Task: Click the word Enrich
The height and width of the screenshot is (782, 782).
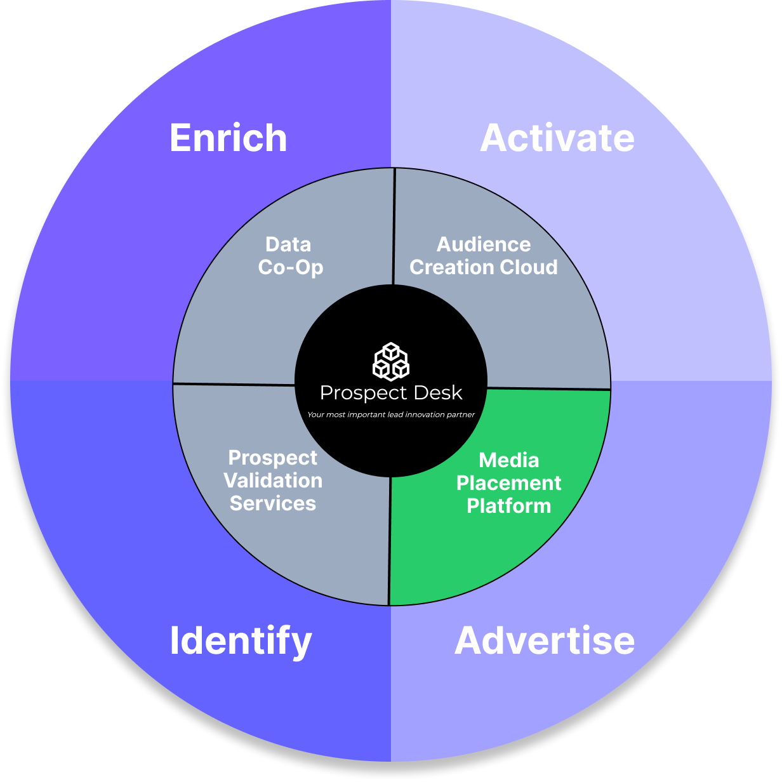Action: pos(228,138)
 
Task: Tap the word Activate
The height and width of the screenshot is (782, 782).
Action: pos(557,138)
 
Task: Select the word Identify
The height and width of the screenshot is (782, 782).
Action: pos(241,640)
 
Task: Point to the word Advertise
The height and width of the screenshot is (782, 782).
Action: pos(545,640)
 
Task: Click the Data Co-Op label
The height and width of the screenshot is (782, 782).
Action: pos(290,256)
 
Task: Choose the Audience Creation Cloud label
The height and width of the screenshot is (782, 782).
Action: pos(484,256)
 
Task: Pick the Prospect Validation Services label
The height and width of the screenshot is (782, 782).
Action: pos(273,480)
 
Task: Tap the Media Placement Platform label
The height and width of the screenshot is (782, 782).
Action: pos(508,483)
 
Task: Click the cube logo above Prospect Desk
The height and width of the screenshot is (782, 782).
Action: pos(390,361)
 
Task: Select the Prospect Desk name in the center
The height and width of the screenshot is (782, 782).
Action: pos(391,393)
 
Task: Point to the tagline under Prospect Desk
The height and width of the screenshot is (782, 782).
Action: pos(391,414)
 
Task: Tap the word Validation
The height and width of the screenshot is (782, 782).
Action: pos(273,480)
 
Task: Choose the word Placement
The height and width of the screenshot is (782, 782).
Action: pos(508,483)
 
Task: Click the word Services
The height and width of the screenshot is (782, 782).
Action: pos(273,503)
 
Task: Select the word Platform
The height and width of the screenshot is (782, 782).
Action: pos(508,506)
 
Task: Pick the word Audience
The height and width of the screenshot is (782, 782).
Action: pos(484,244)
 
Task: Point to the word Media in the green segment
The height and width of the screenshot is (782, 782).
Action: pos(508,460)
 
